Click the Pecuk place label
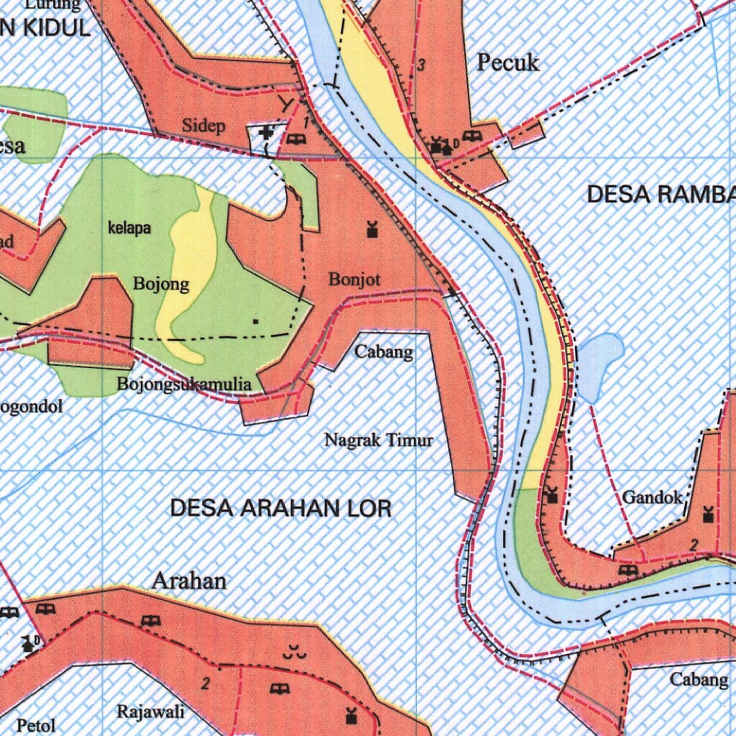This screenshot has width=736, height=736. tap(508, 63)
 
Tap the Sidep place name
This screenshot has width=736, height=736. tap(203, 126)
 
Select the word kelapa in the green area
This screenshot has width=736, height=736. tap(129, 229)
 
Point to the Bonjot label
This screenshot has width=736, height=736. tap(354, 280)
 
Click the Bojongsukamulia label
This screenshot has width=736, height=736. tap(184, 385)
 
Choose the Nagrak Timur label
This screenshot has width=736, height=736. tap(379, 439)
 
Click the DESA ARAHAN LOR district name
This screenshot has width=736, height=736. tap(280, 509)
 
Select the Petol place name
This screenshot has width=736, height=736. tap(35, 725)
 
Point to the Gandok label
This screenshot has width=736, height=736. tap(652, 497)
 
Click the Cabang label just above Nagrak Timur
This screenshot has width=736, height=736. tap(384, 351)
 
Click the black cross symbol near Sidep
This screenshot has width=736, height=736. tap(266, 132)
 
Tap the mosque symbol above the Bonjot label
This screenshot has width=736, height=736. tap(372, 230)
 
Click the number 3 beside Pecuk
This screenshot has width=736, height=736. tap(421, 65)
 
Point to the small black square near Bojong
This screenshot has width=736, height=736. tap(256, 321)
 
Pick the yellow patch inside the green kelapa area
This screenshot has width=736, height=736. tap(190, 273)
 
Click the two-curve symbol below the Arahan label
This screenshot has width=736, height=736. tap(292, 653)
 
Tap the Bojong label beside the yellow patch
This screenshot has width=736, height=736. tap(161, 284)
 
